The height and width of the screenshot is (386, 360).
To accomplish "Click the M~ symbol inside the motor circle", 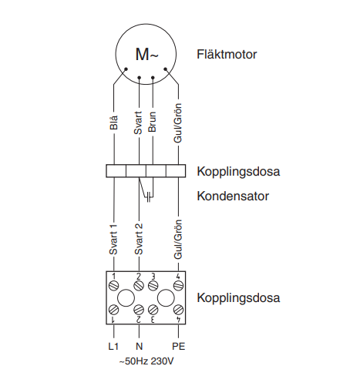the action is coord(146,54).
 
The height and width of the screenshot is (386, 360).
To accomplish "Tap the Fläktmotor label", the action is coord(227,55).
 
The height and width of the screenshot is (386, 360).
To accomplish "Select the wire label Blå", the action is coord(113,123).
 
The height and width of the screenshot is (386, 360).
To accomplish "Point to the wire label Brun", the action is coord(153,122).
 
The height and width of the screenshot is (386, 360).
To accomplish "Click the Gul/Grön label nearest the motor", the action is coord(178,123).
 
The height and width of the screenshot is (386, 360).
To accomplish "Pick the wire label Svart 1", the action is coord(113,240).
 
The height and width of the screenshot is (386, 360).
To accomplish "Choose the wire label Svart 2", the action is coord(139,240).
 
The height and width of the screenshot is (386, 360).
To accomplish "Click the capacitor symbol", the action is coord(149,197).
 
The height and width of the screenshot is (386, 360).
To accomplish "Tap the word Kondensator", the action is coord(233,196).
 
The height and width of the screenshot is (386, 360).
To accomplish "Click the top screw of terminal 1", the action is coord(113,285).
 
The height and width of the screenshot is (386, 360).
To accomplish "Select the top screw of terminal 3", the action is coord(153,285).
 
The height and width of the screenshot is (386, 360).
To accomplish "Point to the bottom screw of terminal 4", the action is coord(178,310).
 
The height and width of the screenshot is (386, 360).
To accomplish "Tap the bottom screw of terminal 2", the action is coord(139,310).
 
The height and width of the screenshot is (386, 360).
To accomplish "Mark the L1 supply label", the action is coord(113,347).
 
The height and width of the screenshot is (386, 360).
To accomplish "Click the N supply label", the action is coord(139,347).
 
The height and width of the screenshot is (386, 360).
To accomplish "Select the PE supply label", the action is coord(179,347).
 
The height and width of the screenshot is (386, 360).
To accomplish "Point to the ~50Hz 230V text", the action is coord(146,361).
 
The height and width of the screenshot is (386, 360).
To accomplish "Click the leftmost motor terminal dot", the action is coord(126,69).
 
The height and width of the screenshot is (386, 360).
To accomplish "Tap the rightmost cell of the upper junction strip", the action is coord(176,171).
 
